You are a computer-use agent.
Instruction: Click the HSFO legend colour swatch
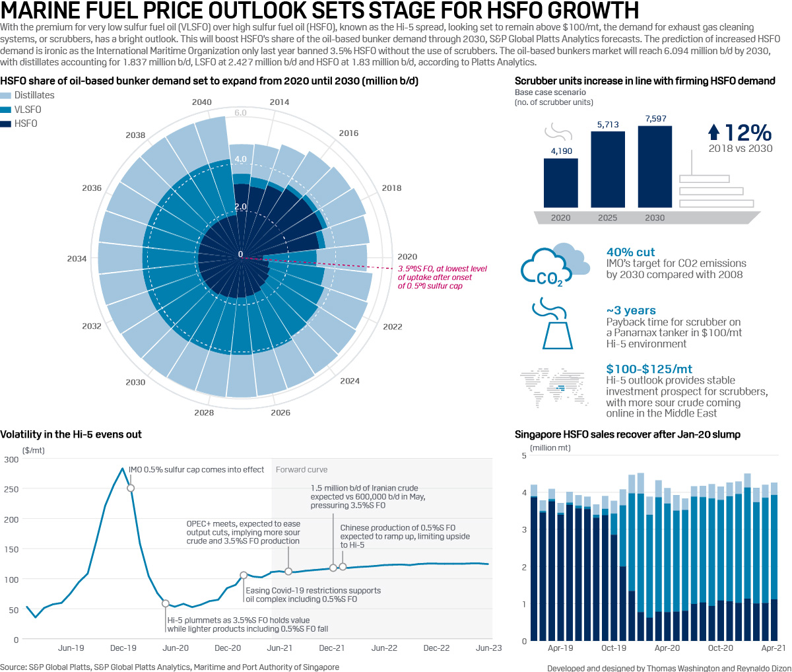point(6,124)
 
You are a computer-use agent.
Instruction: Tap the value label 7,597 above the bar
point(655,119)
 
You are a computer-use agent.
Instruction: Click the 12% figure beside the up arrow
point(748,133)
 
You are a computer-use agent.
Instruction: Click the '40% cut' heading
point(630,252)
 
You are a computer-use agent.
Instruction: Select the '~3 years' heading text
point(630,310)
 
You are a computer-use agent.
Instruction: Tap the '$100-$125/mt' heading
point(649,369)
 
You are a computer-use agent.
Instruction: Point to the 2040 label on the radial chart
point(201,102)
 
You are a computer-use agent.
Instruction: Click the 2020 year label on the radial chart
point(407,257)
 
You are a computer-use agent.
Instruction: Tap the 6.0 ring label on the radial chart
point(240,113)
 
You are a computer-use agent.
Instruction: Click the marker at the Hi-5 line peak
point(131,488)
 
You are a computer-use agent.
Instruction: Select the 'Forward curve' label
point(301,469)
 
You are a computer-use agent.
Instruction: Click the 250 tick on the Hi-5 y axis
point(11,489)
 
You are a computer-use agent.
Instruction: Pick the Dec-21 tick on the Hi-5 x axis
point(332,648)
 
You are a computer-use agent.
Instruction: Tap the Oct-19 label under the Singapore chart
point(614,648)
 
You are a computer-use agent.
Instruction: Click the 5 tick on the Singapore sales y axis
point(524,455)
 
